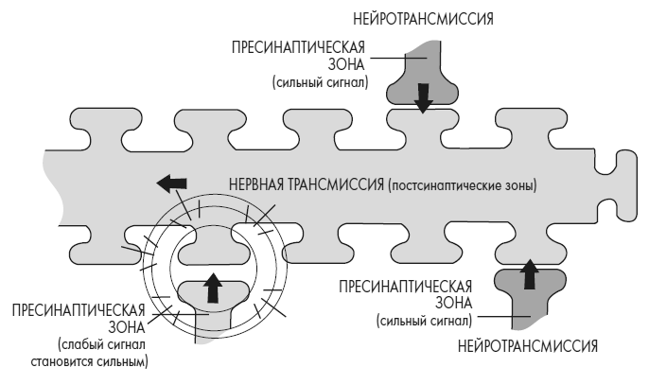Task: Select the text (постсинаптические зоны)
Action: [x=462, y=185]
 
